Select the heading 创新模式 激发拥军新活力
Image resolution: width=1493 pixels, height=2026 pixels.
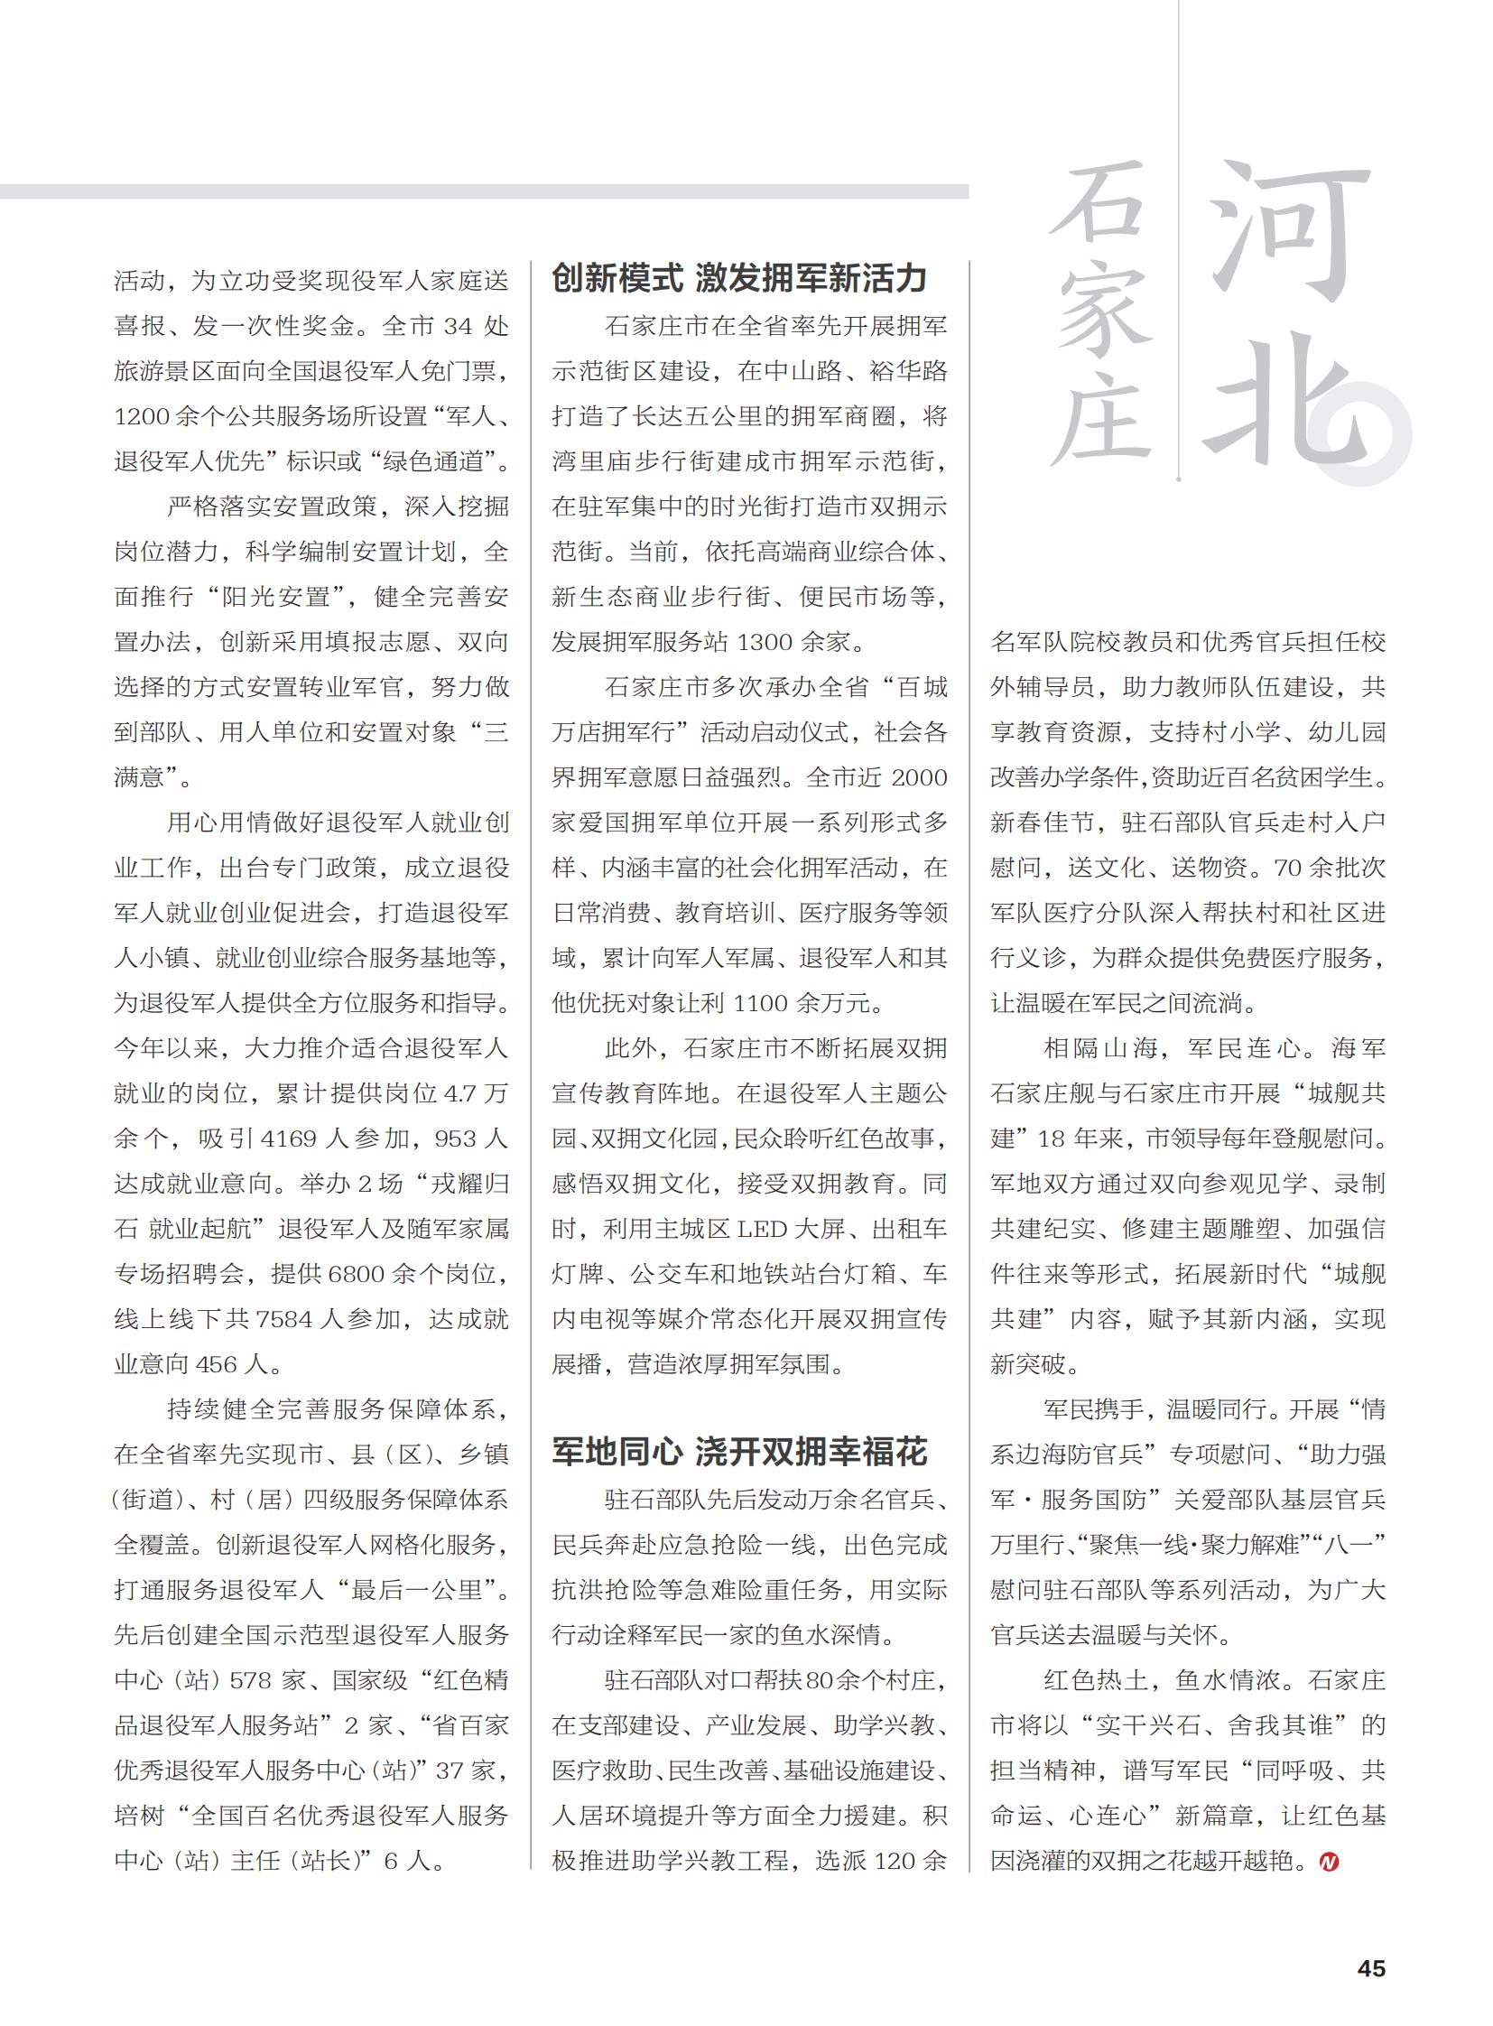(739, 278)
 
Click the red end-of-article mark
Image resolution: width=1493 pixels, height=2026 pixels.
(1329, 1863)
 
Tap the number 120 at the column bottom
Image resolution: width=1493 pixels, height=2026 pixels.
(895, 1862)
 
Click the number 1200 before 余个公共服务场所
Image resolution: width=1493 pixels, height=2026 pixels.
(142, 417)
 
